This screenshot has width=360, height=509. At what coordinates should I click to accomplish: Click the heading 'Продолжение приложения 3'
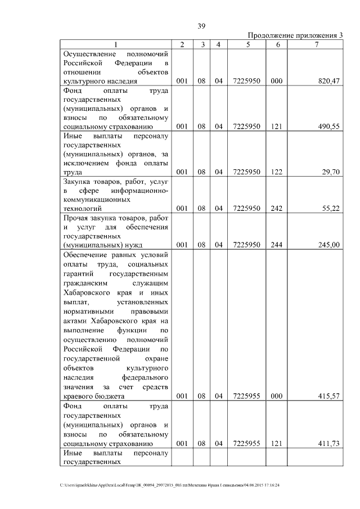[295, 35]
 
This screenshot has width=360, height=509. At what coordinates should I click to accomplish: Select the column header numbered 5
[247, 44]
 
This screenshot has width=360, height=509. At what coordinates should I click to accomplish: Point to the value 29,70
[330, 172]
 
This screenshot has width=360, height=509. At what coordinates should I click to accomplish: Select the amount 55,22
[330, 208]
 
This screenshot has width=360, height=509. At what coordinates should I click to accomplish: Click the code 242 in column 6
[276, 208]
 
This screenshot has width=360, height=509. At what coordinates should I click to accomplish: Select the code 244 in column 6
[276, 245]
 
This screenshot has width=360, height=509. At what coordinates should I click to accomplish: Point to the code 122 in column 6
[276, 172]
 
